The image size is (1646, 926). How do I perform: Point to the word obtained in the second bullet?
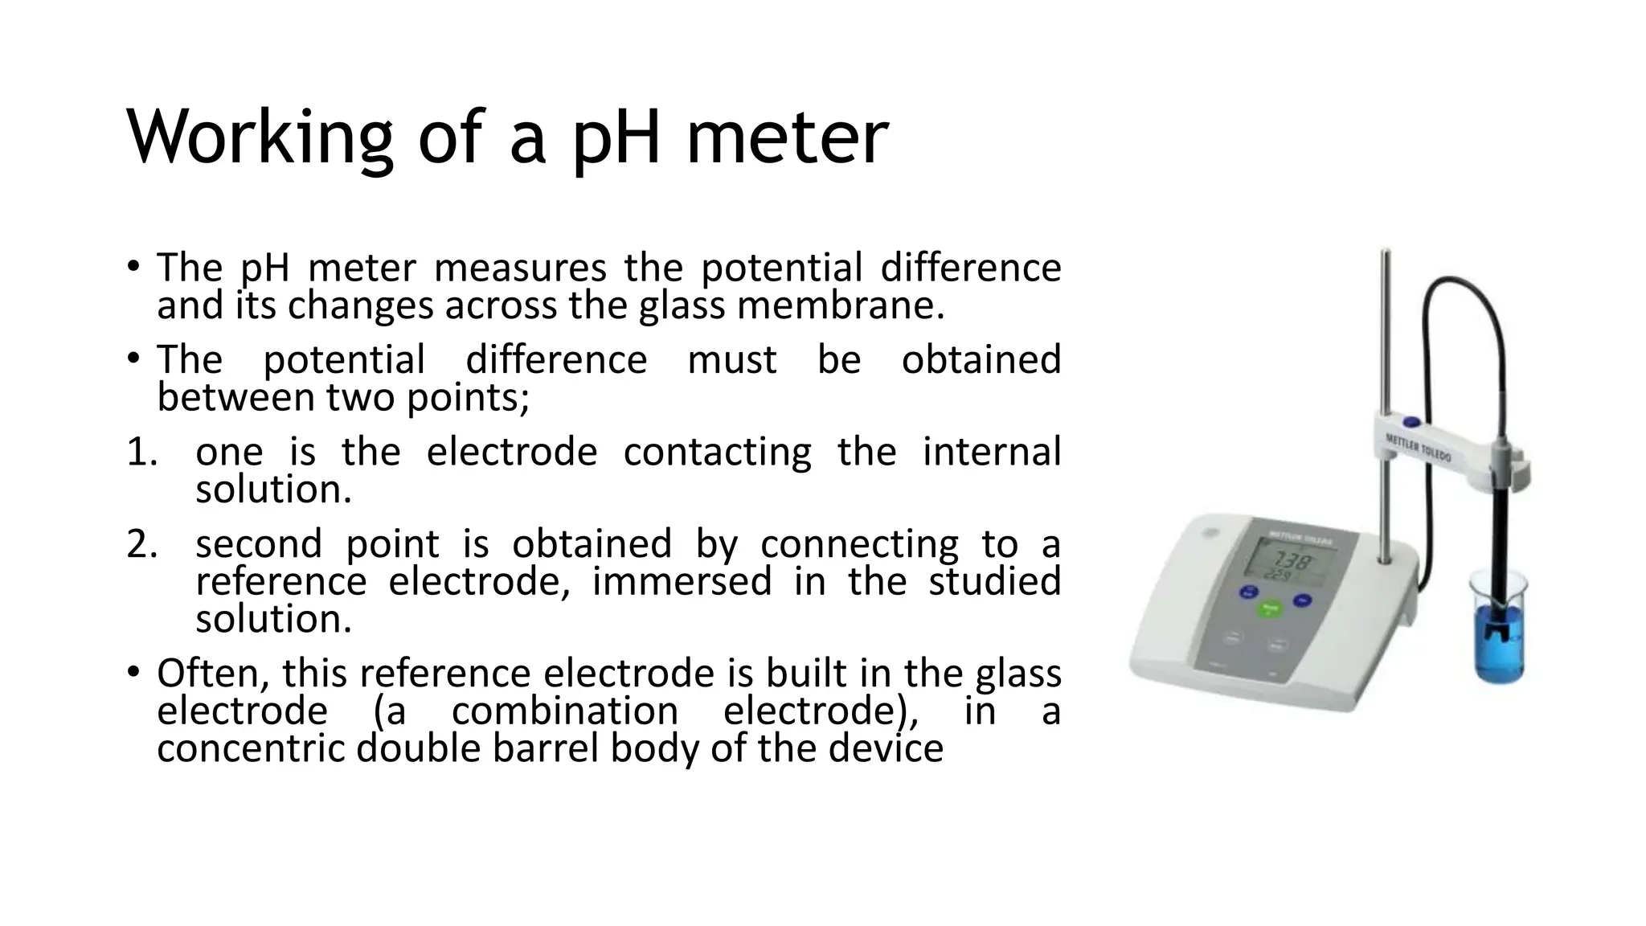(981, 359)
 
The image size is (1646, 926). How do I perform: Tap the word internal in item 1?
(991, 452)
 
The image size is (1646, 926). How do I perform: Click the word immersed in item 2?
(682, 581)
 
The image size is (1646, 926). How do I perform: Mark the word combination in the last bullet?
(565, 711)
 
